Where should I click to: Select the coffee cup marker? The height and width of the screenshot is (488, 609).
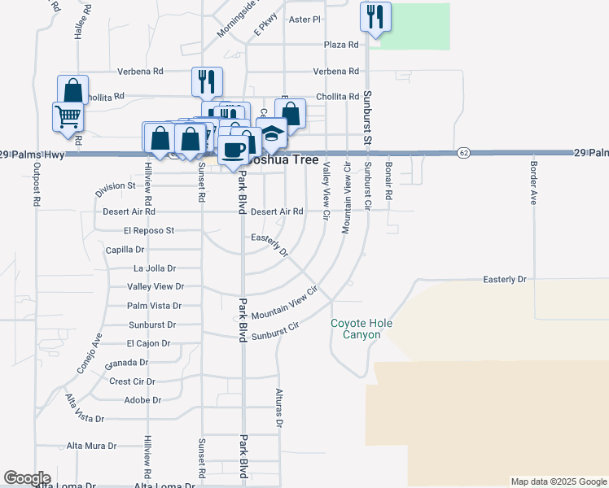(x=234, y=150)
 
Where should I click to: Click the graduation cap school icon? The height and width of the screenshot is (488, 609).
(x=271, y=133)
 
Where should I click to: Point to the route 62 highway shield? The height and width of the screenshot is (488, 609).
(x=463, y=152)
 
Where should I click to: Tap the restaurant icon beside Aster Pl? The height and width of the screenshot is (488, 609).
(x=375, y=17)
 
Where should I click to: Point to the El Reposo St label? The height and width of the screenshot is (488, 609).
(x=149, y=230)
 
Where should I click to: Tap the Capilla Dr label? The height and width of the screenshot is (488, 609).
(x=125, y=250)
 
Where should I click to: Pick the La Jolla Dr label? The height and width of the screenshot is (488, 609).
(x=154, y=268)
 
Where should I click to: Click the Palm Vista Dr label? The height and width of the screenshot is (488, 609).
(x=154, y=306)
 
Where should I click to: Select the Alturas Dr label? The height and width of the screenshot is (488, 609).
(x=278, y=407)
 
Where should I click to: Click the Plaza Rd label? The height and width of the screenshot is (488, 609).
(x=341, y=45)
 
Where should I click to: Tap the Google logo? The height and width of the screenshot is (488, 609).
(x=27, y=478)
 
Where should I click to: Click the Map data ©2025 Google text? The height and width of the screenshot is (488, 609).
(x=559, y=481)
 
